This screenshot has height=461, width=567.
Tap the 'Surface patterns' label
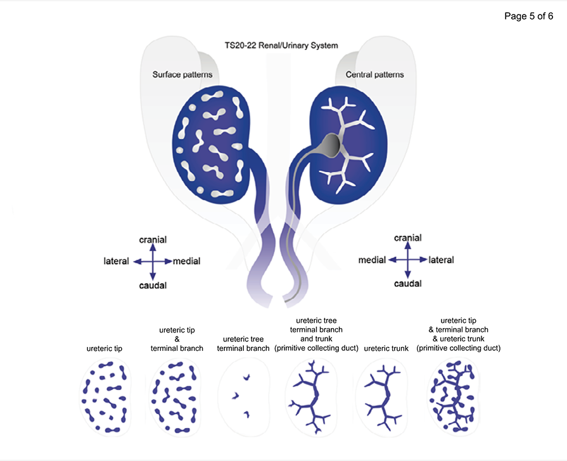tap(182, 75)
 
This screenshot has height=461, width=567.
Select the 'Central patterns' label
tap(374, 75)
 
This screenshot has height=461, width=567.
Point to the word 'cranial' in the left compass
tap(153, 239)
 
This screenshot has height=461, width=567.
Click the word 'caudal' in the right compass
tap(407, 283)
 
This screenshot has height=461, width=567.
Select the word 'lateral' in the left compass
tap(116, 261)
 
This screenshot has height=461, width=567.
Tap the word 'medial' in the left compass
tap(187, 261)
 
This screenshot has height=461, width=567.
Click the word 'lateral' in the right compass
tap(441, 260)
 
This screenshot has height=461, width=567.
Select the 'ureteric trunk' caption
tap(385, 348)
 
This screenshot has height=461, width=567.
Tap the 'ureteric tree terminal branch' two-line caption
tap(243, 343)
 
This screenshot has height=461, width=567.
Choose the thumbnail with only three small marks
tap(243, 396)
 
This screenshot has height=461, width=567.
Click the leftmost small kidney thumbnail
tap(105, 396)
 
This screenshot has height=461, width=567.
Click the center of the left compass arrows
tap(153, 261)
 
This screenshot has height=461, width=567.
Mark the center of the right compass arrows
tap(407, 260)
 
